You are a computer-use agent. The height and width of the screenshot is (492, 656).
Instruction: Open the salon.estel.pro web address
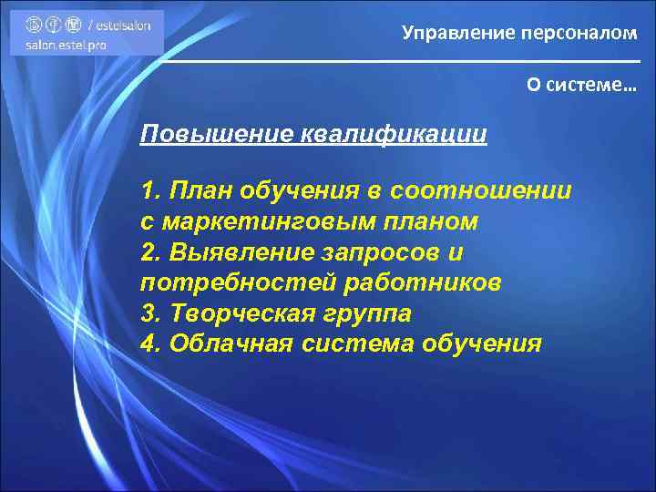(67, 45)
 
